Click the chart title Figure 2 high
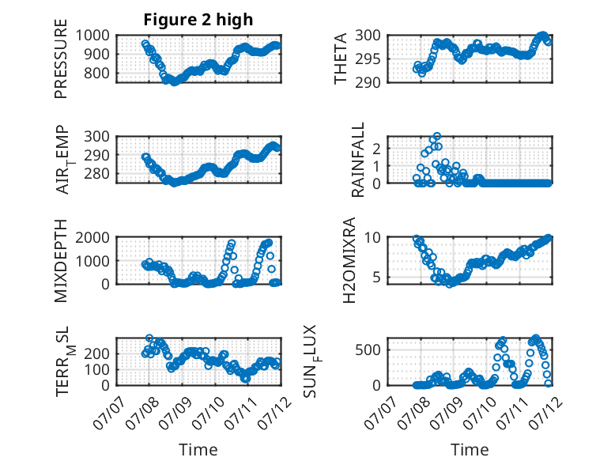(198, 20)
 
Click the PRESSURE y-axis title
(61, 59)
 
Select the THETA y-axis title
(341, 59)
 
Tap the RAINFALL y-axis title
(358, 160)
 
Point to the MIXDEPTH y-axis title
(61, 260)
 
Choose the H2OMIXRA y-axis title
(349, 260)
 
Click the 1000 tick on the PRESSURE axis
(92, 36)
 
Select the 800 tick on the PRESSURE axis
(96, 73)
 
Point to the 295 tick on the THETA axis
(368, 59)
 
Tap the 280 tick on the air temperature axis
(96, 173)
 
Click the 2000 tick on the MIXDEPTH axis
(92, 237)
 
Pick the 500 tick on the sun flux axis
(368, 350)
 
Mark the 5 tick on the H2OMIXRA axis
(376, 278)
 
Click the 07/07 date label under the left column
(109, 413)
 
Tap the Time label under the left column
(198, 449)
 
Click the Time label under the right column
(470, 449)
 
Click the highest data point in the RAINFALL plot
(437, 136)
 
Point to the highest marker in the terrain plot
(149, 338)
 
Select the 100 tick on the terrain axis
(96, 369)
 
